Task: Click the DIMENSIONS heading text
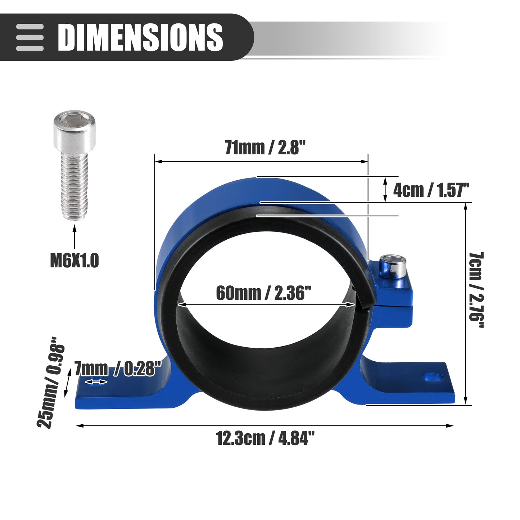[x=140, y=37]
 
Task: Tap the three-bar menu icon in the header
[x=30, y=37]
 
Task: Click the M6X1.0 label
[x=75, y=261]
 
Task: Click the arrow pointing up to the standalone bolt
[x=74, y=238]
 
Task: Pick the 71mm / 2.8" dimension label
[x=265, y=148]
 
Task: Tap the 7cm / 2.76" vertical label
[x=476, y=290]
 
